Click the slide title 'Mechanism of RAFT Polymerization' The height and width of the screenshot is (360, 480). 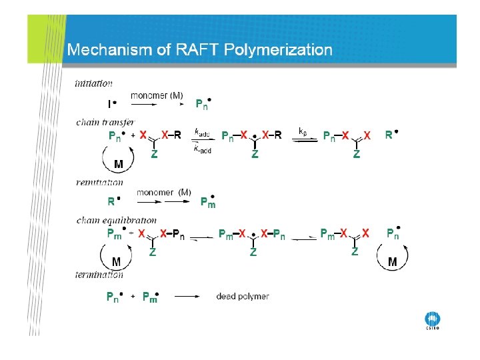coord(199,50)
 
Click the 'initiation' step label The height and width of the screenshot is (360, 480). coord(93,84)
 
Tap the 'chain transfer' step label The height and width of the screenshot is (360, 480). coord(105,122)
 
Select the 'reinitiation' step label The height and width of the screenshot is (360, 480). coord(99,181)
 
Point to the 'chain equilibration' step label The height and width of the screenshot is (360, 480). coord(117,220)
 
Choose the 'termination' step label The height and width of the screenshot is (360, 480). coord(99,274)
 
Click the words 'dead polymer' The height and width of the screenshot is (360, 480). coord(243,296)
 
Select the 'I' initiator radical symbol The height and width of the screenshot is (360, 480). coord(111,104)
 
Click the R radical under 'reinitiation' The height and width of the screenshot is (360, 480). coord(113,200)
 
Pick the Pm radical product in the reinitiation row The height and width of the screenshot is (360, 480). coord(209,201)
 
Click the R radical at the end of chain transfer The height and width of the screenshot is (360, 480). coord(391,135)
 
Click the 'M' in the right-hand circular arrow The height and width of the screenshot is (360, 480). coord(392,262)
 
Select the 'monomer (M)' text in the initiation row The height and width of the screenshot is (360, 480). coord(157,95)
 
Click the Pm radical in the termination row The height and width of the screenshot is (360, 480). coord(151,297)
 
